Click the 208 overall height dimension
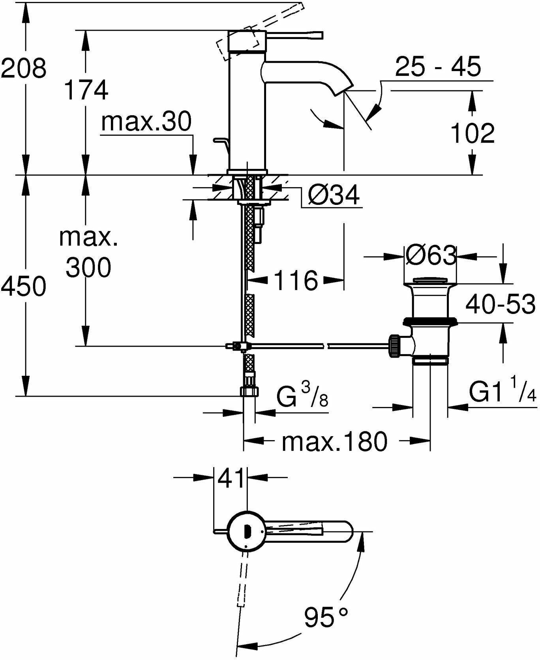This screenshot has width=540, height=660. [24, 68]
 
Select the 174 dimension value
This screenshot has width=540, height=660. [86, 90]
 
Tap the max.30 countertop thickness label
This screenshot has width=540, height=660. [146, 122]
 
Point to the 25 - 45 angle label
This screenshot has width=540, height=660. [438, 67]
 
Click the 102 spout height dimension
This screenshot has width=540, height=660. [472, 133]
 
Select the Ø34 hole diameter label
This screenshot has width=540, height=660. [333, 195]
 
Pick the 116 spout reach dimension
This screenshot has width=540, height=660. [296, 281]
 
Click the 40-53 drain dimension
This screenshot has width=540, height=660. [500, 304]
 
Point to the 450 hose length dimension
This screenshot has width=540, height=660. [24, 286]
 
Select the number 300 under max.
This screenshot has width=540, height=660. [88, 268]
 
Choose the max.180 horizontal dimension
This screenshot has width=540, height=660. [334, 441]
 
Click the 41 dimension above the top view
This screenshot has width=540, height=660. [231, 478]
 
